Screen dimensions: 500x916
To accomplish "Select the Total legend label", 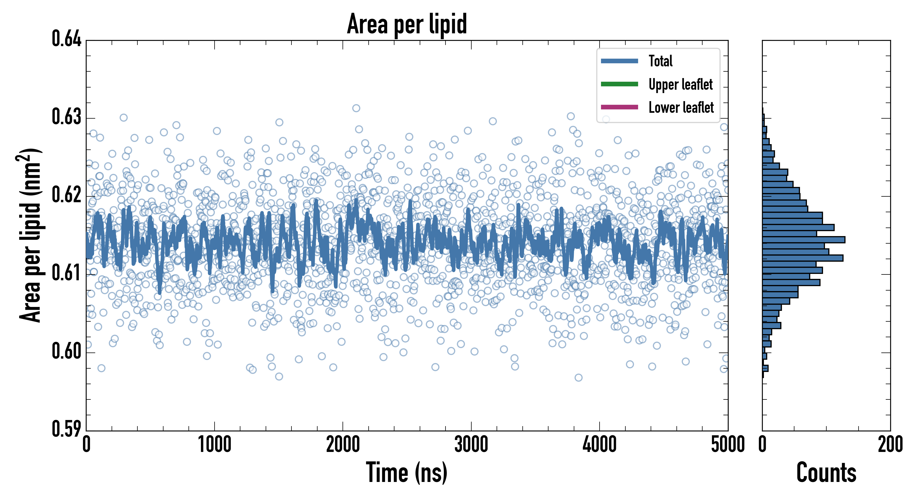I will click(660, 61).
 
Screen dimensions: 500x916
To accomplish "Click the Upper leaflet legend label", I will click(680, 84).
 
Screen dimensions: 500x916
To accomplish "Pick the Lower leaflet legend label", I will click(681, 107).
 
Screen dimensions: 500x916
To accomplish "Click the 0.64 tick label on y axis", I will click(67, 39).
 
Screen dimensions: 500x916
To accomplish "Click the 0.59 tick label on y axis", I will click(67, 429).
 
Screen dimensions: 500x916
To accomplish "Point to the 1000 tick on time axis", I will click(214, 444).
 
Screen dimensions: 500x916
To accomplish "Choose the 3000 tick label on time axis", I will click(471, 444).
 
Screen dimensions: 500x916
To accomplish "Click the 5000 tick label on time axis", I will click(728, 444).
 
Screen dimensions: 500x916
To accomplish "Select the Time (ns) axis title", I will click(407, 472).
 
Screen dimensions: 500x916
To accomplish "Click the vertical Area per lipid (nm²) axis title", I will click(31, 235).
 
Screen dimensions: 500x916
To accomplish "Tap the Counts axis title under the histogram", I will click(826, 472).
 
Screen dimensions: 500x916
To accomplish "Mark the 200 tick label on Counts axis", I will click(890, 444).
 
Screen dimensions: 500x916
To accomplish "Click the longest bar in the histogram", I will click(803, 239).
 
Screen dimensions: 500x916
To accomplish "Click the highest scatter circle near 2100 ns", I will click(356, 108).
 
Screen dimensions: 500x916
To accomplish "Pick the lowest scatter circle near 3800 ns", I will click(578, 377).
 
